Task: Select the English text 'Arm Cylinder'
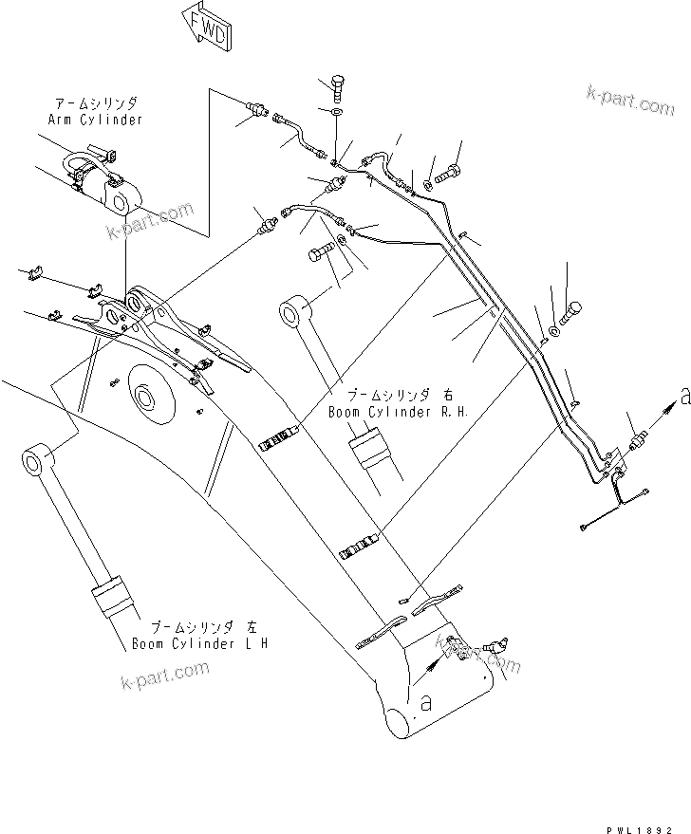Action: pos(95,120)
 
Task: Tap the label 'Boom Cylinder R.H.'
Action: pos(384,412)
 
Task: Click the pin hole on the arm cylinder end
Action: pos(121,200)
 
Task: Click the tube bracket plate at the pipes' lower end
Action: pos(615,466)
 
